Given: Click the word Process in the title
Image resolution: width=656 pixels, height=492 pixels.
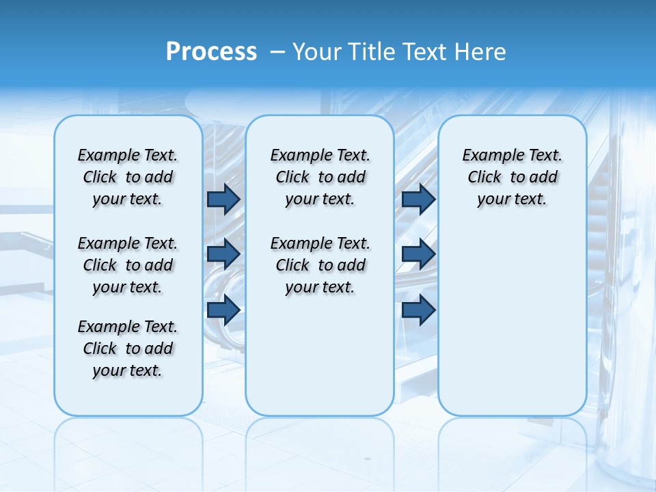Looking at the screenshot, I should click(x=211, y=51).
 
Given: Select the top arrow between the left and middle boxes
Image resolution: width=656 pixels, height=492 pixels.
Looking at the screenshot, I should click(x=223, y=199).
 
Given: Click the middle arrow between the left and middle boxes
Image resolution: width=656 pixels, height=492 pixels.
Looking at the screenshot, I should click(x=223, y=254).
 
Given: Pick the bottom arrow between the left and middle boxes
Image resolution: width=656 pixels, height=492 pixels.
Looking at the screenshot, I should click(x=223, y=310).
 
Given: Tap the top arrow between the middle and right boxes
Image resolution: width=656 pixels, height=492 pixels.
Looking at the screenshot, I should click(x=418, y=199).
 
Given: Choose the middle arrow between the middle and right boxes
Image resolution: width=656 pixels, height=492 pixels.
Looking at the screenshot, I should click(x=418, y=254).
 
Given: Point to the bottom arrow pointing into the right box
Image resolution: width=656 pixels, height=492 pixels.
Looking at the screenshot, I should click(x=418, y=310).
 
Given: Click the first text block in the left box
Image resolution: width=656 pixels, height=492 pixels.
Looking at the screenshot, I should click(x=128, y=177).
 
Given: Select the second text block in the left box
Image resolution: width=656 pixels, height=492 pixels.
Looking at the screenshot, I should click(x=128, y=265).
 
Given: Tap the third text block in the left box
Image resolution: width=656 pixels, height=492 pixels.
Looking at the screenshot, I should click(x=128, y=348).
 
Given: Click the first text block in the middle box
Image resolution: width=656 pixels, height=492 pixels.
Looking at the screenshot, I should click(x=320, y=177).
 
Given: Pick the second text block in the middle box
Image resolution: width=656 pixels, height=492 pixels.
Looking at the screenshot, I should click(x=320, y=265).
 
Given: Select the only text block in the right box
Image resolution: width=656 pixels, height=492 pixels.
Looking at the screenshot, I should click(x=512, y=177).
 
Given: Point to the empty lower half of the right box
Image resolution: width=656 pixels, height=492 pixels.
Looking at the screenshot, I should click(x=512, y=321).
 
